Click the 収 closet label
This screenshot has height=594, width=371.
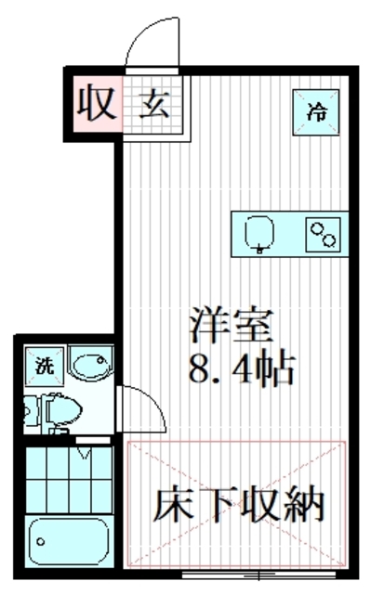pos(97,103)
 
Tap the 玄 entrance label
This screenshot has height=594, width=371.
pos(153,105)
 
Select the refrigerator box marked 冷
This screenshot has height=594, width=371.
pos(315,112)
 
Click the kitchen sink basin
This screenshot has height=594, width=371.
pos(259,232)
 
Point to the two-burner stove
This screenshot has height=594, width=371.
pos(324,235)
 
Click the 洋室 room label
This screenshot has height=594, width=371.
pos(232,326)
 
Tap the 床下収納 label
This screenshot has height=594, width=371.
pos(239,506)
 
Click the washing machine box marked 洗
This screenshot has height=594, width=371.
pos(44,367)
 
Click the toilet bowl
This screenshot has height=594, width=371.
pos(64,411)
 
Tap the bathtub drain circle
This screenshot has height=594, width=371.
pos(41,542)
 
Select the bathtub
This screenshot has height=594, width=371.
pos(69,540)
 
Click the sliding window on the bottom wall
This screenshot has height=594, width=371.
pos(258,575)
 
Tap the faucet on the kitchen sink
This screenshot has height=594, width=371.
pos(259,250)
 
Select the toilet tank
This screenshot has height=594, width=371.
pos(31,410)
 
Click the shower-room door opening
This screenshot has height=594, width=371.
pos(93,440)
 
